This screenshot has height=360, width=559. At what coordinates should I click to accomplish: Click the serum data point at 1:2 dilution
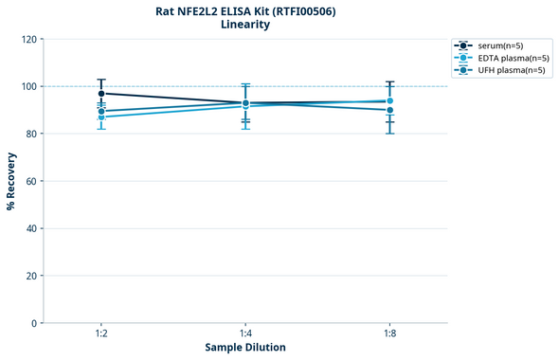click(x=101, y=94)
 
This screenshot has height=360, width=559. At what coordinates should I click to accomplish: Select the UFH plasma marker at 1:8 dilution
click(x=389, y=110)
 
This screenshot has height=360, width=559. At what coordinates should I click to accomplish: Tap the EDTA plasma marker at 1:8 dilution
click(x=389, y=100)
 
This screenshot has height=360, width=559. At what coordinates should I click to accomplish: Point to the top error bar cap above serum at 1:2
click(x=101, y=80)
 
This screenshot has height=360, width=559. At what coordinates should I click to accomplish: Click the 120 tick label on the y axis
click(x=29, y=39)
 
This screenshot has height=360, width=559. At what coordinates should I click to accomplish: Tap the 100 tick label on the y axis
click(x=29, y=86)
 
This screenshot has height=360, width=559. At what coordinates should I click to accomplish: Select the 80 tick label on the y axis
click(x=32, y=134)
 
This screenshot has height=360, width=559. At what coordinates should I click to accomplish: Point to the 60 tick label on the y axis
click(x=32, y=181)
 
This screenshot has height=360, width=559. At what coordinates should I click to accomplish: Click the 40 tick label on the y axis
click(x=32, y=228)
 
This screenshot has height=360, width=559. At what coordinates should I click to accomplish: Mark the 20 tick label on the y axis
click(x=32, y=276)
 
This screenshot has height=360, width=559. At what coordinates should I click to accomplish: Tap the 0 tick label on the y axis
click(x=35, y=323)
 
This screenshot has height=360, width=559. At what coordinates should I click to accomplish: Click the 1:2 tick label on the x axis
click(x=101, y=334)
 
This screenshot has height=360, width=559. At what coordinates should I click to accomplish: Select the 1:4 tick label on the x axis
click(x=245, y=334)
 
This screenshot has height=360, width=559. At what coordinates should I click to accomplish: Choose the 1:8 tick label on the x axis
click(x=389, y=334)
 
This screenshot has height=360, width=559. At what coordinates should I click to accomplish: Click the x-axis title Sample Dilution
click(x=245, y=348)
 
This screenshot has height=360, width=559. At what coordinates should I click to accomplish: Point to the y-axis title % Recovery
click(x=11, y=181)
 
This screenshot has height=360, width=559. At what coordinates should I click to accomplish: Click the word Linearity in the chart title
click(x=244, y=25)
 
